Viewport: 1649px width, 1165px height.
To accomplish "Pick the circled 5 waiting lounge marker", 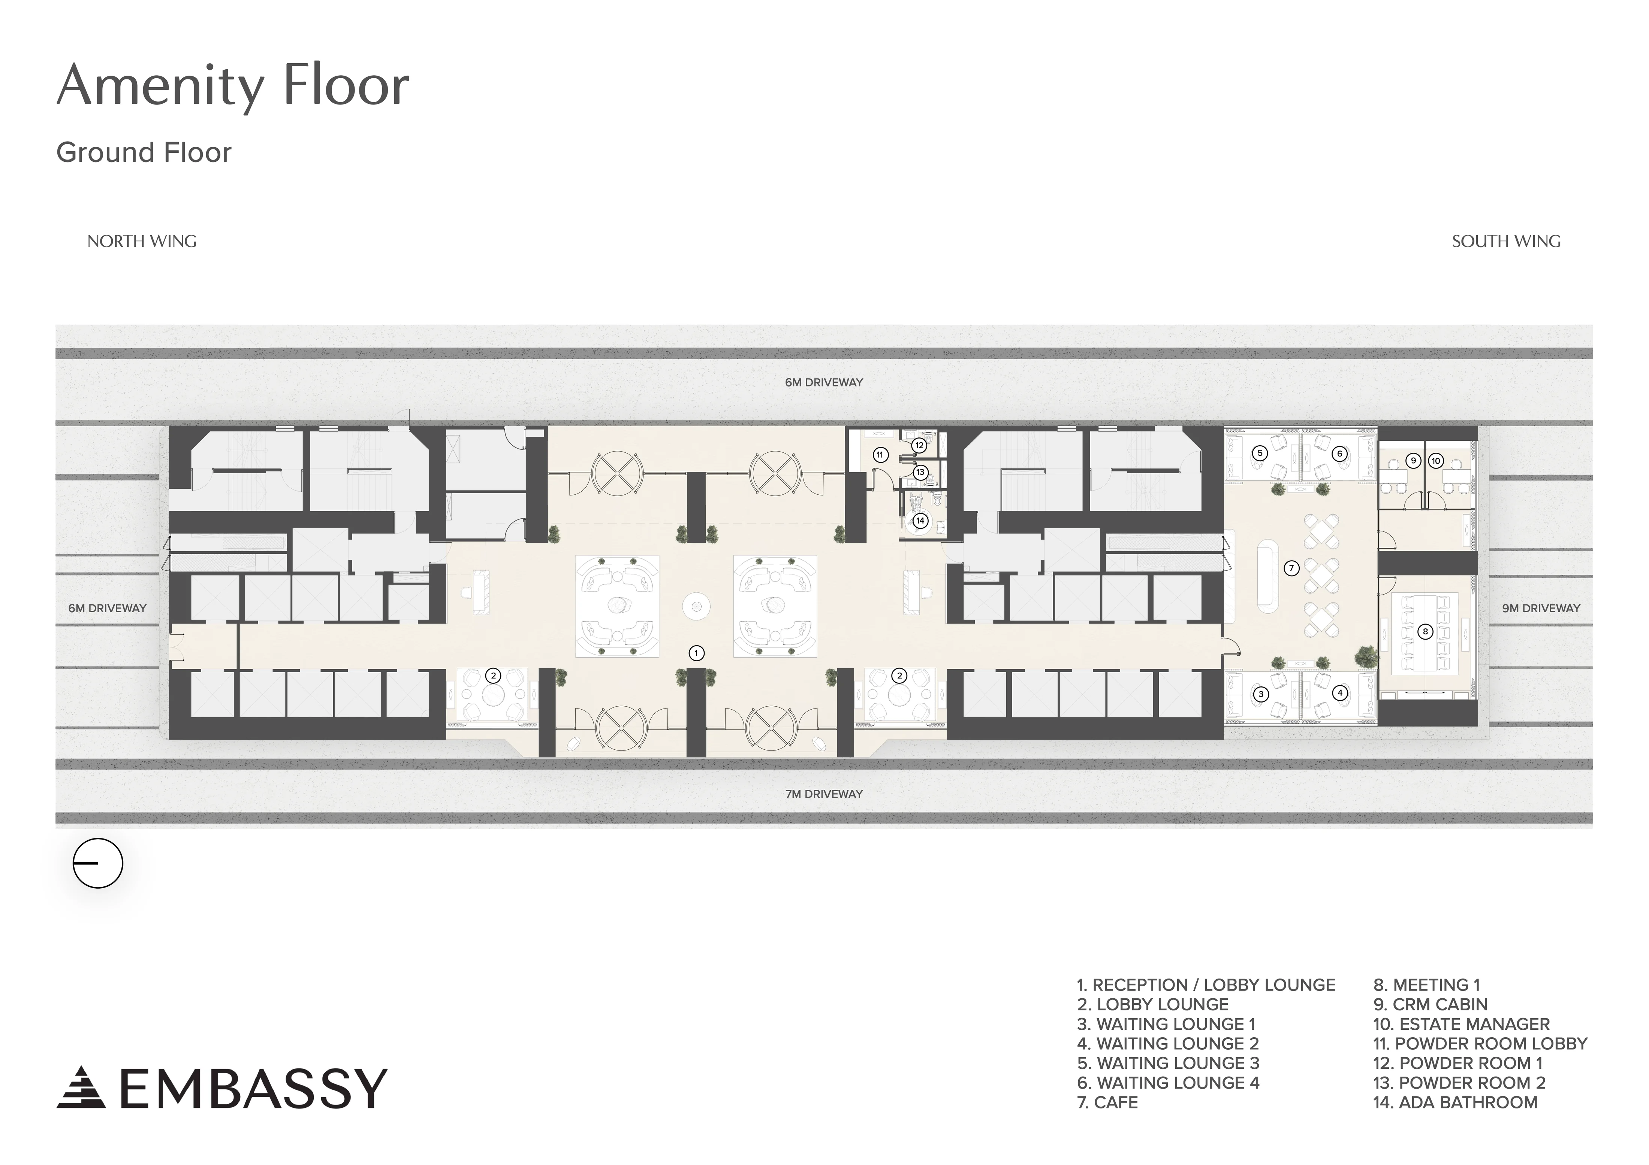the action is pos(1259,453).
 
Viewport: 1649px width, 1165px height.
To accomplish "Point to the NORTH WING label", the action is pos(142,241).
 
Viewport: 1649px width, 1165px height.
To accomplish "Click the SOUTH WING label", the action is pos(1506,241).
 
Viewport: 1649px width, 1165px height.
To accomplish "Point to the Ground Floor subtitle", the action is pos(144,152).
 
